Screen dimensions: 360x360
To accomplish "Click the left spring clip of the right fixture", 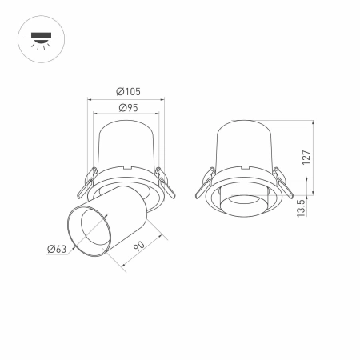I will coord(205,182).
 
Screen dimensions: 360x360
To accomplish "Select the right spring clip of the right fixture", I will coord(282,182).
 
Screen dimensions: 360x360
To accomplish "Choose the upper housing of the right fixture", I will coord(243,144).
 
